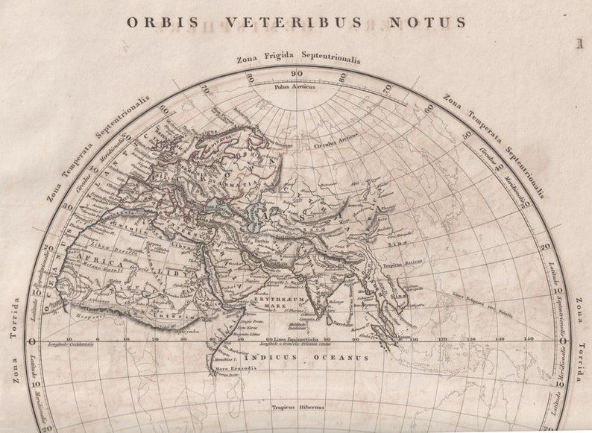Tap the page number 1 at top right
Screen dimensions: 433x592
[579, 44]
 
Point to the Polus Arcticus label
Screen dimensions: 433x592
[295, 86]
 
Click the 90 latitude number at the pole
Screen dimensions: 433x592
[297, 73]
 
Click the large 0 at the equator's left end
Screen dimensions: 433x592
[31, 341]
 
